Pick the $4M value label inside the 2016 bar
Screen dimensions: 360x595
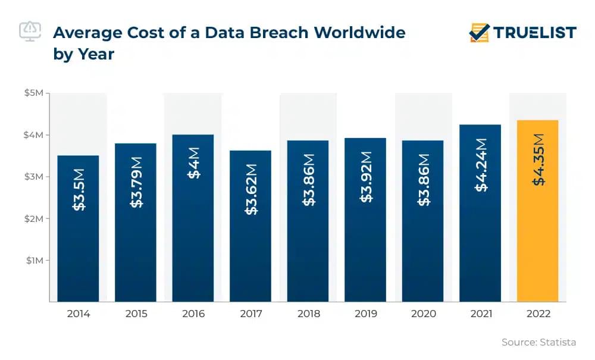[x=193, y=162]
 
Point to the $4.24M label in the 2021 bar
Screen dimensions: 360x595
[x=481, y=165]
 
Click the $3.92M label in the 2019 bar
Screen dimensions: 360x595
[x=366, y=176]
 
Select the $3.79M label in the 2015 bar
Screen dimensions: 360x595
[x=136, y=181]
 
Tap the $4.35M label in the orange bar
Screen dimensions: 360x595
[x=538, y=159]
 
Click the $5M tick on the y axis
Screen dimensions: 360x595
[x=33, y=93]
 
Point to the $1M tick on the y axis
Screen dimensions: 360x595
[x=33, y=260]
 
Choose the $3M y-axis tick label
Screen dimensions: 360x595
[x=33, y=177]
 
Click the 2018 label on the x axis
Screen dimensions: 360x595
[x=308, y=314]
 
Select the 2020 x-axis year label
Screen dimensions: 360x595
[x=423, y=314]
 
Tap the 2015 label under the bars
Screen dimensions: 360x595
[x=136, y=314]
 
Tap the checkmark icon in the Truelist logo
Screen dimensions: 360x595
[x=479, y=32]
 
